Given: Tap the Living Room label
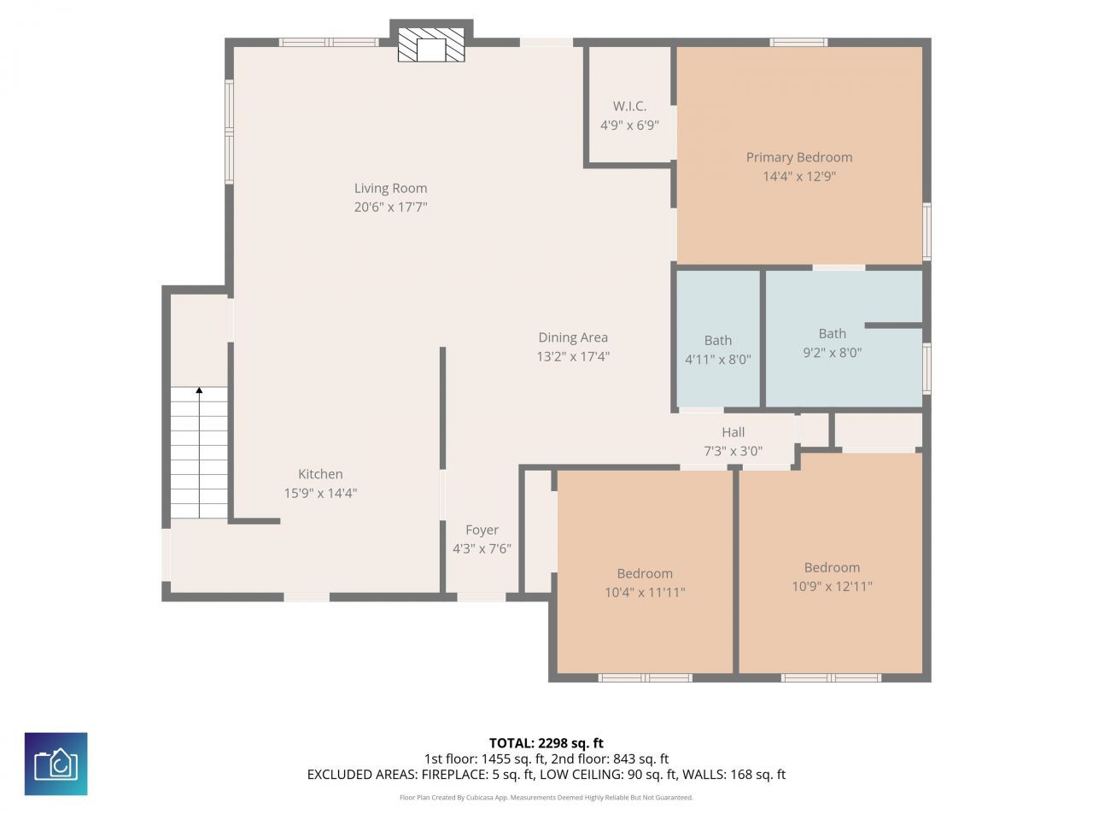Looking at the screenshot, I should coord(390,188).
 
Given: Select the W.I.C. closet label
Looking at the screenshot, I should coord(629,106).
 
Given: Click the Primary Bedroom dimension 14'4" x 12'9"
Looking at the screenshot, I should coord(799,177).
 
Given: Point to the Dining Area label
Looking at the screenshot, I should coord(573,337).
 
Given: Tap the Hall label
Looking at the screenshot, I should coord(733,432).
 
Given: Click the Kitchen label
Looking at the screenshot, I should coord(320,474).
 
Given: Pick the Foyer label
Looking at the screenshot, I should coord(482,530).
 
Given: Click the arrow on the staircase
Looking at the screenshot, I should coord(199,391).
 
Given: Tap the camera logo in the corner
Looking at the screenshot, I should coord(56,764).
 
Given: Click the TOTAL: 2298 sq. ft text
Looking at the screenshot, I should coord(546,743).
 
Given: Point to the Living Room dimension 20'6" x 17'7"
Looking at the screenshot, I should coord(390,207).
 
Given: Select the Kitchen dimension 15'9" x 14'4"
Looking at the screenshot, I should coord(320,493).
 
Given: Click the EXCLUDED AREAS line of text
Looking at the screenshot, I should coord(546,775).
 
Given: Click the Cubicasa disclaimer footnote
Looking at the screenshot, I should coord(546,798).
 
